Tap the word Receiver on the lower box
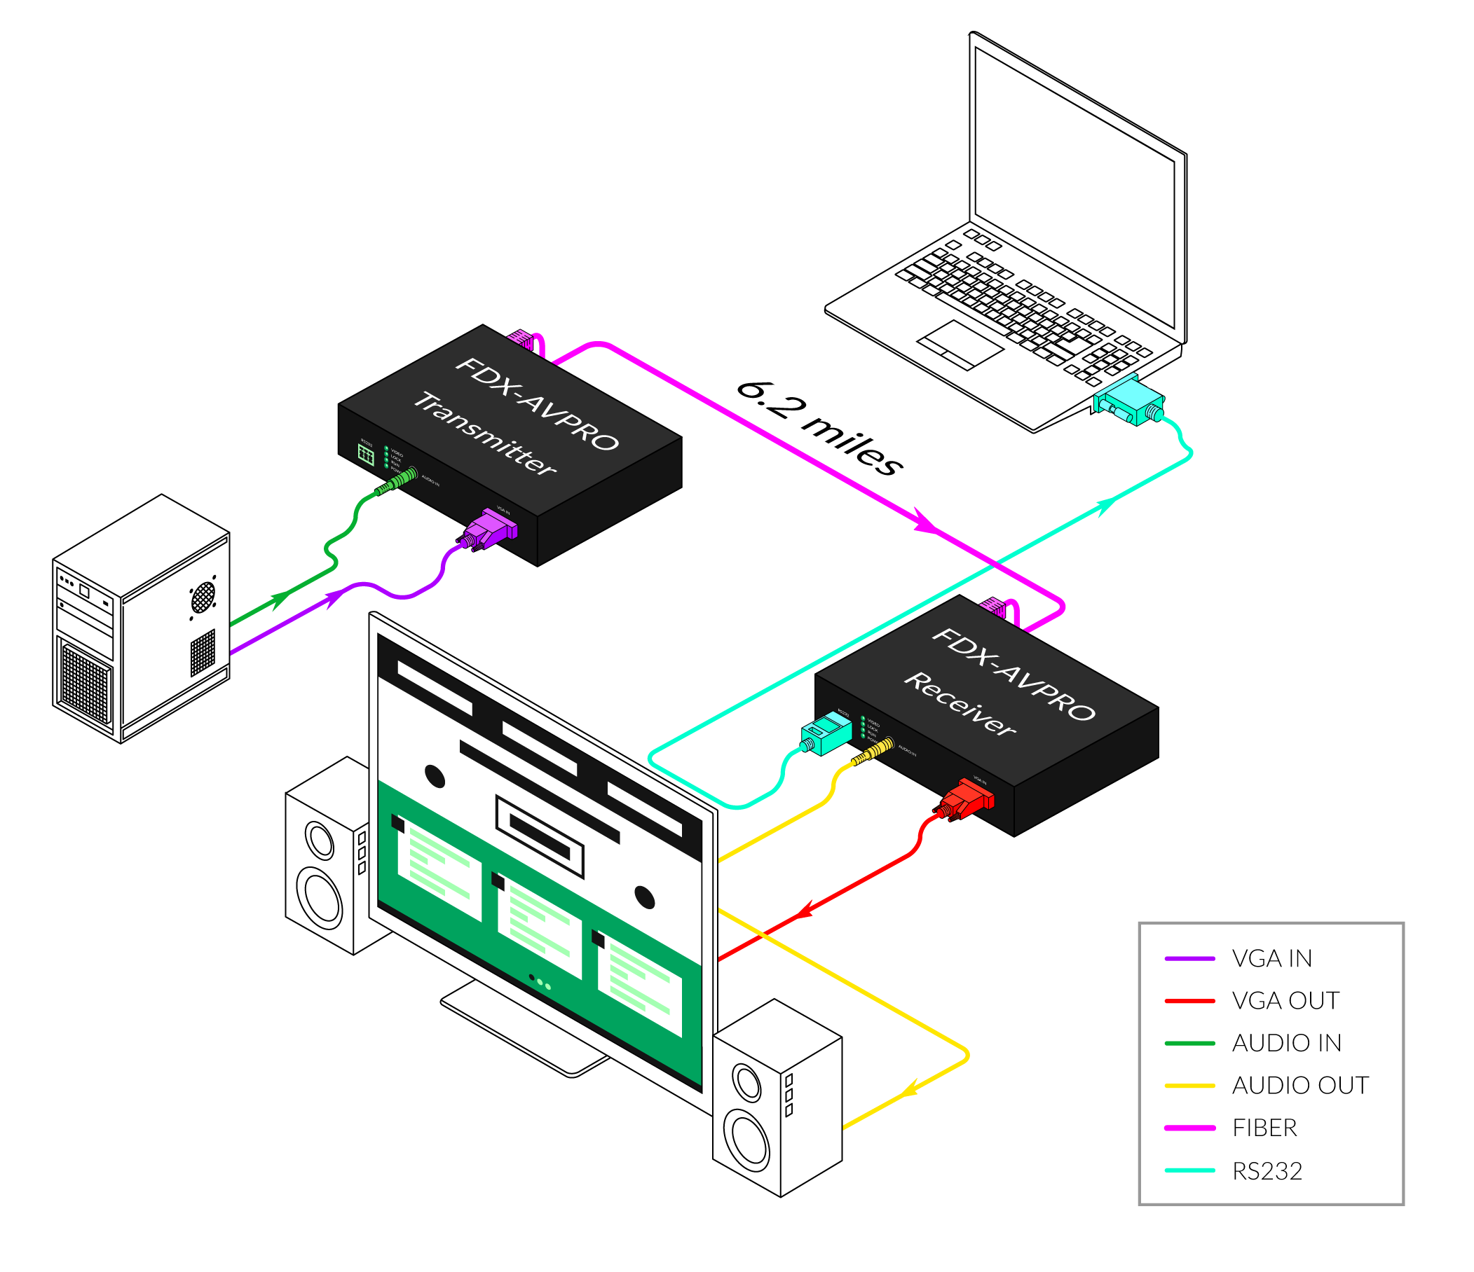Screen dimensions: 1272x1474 click(960, 703)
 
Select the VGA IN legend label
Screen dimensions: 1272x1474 click(1272, 958)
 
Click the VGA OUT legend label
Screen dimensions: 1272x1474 click(1285, 1000)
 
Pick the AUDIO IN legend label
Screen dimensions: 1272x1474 click(1286, 1043)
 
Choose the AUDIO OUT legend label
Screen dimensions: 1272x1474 click(1299, 1085)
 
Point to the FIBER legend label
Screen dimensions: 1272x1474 click(1264, 1128)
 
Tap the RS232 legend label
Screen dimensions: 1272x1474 click(1267, 1170)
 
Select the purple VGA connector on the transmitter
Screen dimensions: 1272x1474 click(491, 528)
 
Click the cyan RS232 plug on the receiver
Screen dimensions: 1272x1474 click(827, 733)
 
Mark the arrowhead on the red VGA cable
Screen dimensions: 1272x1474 click(804, 910)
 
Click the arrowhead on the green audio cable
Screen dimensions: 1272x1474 click(280, 600)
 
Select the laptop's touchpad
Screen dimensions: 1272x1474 click(960, 344)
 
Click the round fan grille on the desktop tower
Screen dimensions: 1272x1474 click(203, 597)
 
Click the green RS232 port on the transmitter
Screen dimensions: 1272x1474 click(366, 455)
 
